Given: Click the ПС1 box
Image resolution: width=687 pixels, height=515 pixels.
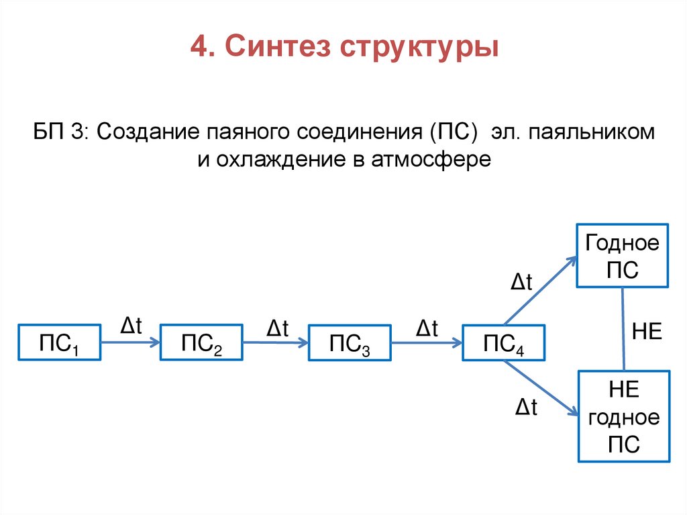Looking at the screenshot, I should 60,343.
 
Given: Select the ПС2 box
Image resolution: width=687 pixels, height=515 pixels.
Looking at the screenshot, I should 201,343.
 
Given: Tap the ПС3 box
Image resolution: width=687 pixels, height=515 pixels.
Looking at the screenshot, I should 349,344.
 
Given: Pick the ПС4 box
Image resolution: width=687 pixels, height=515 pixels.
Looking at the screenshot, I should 503,344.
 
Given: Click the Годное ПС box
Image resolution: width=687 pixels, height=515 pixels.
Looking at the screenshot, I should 623,256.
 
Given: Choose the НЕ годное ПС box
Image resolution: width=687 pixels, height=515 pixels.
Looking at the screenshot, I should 624,416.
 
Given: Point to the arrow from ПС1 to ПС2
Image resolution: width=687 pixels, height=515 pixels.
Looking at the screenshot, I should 130,342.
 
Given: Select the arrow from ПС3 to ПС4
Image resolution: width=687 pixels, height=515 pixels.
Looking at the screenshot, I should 427,342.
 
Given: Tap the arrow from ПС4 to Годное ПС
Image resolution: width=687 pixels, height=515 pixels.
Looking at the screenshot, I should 540,290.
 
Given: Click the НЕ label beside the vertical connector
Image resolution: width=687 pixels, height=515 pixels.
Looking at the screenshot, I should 647,332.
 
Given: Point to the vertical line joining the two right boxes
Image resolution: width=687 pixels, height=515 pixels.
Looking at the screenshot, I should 625,329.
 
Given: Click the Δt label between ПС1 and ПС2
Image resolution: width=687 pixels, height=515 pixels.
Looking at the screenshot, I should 131,326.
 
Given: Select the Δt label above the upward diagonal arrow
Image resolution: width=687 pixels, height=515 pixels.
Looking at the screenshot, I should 521,283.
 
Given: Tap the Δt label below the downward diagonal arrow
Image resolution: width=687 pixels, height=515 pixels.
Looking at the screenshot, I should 527,407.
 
